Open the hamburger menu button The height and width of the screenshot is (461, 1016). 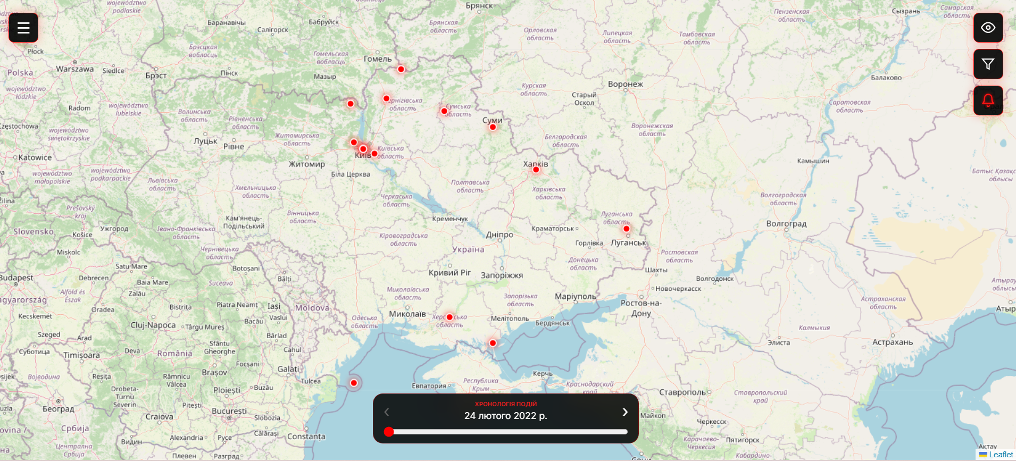click(23, 28)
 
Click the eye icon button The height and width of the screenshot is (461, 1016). click(988, 28)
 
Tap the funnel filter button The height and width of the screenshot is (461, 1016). click(988, 64)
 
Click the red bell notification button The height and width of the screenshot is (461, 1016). click(988, 100)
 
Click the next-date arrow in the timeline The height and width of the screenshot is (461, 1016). click(625, 412)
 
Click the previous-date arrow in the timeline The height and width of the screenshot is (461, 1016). click(387, 412)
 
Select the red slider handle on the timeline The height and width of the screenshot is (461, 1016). click(389, 432)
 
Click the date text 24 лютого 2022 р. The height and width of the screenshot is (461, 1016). click(505, 416)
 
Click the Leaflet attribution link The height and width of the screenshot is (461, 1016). click(1001, 455)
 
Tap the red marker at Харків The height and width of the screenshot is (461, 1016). click(536, 170)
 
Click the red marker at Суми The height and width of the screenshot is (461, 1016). click(493, 127)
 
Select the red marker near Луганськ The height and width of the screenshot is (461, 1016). click(626, 229)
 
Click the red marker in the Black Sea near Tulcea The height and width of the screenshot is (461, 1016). click(354, 383)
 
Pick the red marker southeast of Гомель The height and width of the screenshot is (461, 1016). click(401, 69)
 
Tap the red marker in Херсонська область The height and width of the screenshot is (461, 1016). click(449, 317)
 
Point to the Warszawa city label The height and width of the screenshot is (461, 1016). click(75, 69)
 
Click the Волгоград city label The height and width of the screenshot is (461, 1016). click(786, 224)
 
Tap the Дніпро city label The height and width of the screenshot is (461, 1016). click(499, 234)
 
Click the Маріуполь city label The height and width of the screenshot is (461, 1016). click(576, 296)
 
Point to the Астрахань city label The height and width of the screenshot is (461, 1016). click(892, 342)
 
